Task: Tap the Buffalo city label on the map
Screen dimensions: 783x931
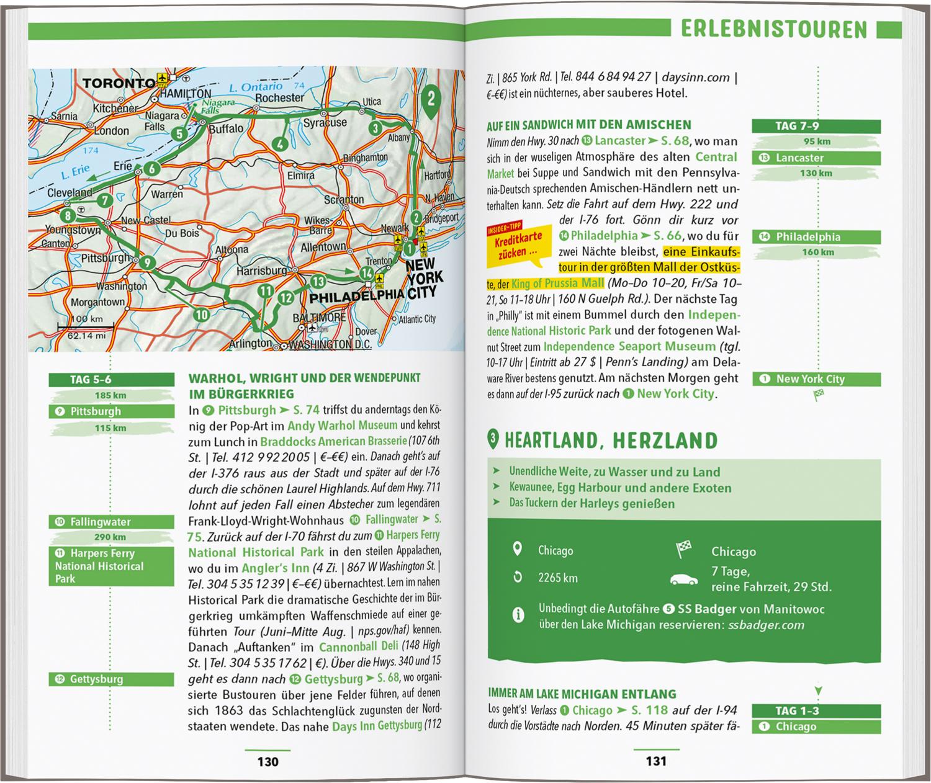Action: (x=226, y=129)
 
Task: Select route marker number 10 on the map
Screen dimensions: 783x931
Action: (x=201, y=315)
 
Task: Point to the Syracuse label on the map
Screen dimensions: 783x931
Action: (x=325, y=123)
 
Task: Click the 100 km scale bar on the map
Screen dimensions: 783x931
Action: (x=86, y=326)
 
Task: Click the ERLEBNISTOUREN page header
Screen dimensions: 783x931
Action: (x=773, y=29)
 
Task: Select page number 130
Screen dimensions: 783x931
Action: (x=268, y=761)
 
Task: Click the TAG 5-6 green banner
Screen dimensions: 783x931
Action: (x=111, y=380)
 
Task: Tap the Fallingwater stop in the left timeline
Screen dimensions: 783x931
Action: (x=111, y=522)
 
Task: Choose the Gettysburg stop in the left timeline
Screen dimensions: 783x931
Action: (x=111, y=679)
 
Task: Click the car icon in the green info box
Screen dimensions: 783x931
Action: (x=684, y=579)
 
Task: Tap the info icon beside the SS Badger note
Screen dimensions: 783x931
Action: (x=517, y=615)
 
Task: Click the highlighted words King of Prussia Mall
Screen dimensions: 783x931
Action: (x=557, y=284)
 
